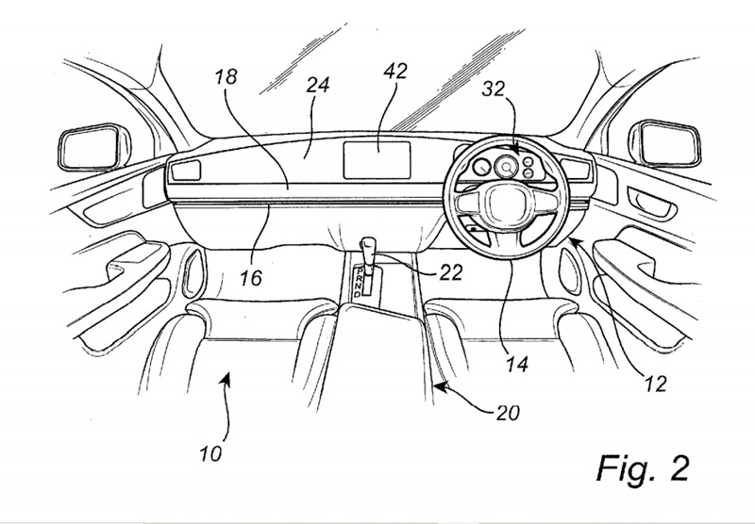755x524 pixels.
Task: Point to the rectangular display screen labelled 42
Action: pyautogui.click(x=375, y=156)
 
